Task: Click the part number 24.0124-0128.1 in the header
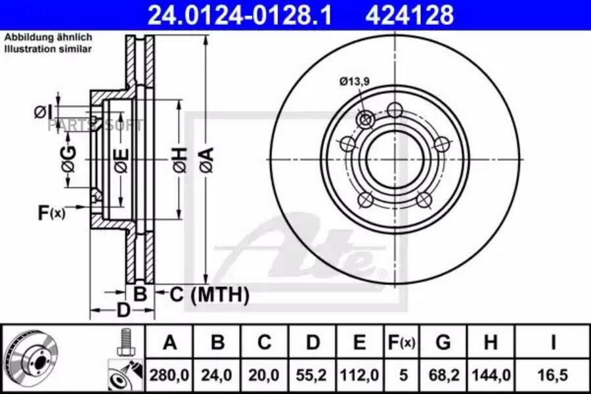click(240, 15)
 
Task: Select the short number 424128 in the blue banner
click(409, 15)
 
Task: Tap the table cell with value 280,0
click(169, 375)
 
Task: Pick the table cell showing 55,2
click(311, 375)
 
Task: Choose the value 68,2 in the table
click(444, 375)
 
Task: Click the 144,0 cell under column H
click(491, 375)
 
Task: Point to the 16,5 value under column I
click(552, 375)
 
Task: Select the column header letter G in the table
click(443, 342)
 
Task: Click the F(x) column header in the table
click(401, 342)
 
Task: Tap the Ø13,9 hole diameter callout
click(355, 81)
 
